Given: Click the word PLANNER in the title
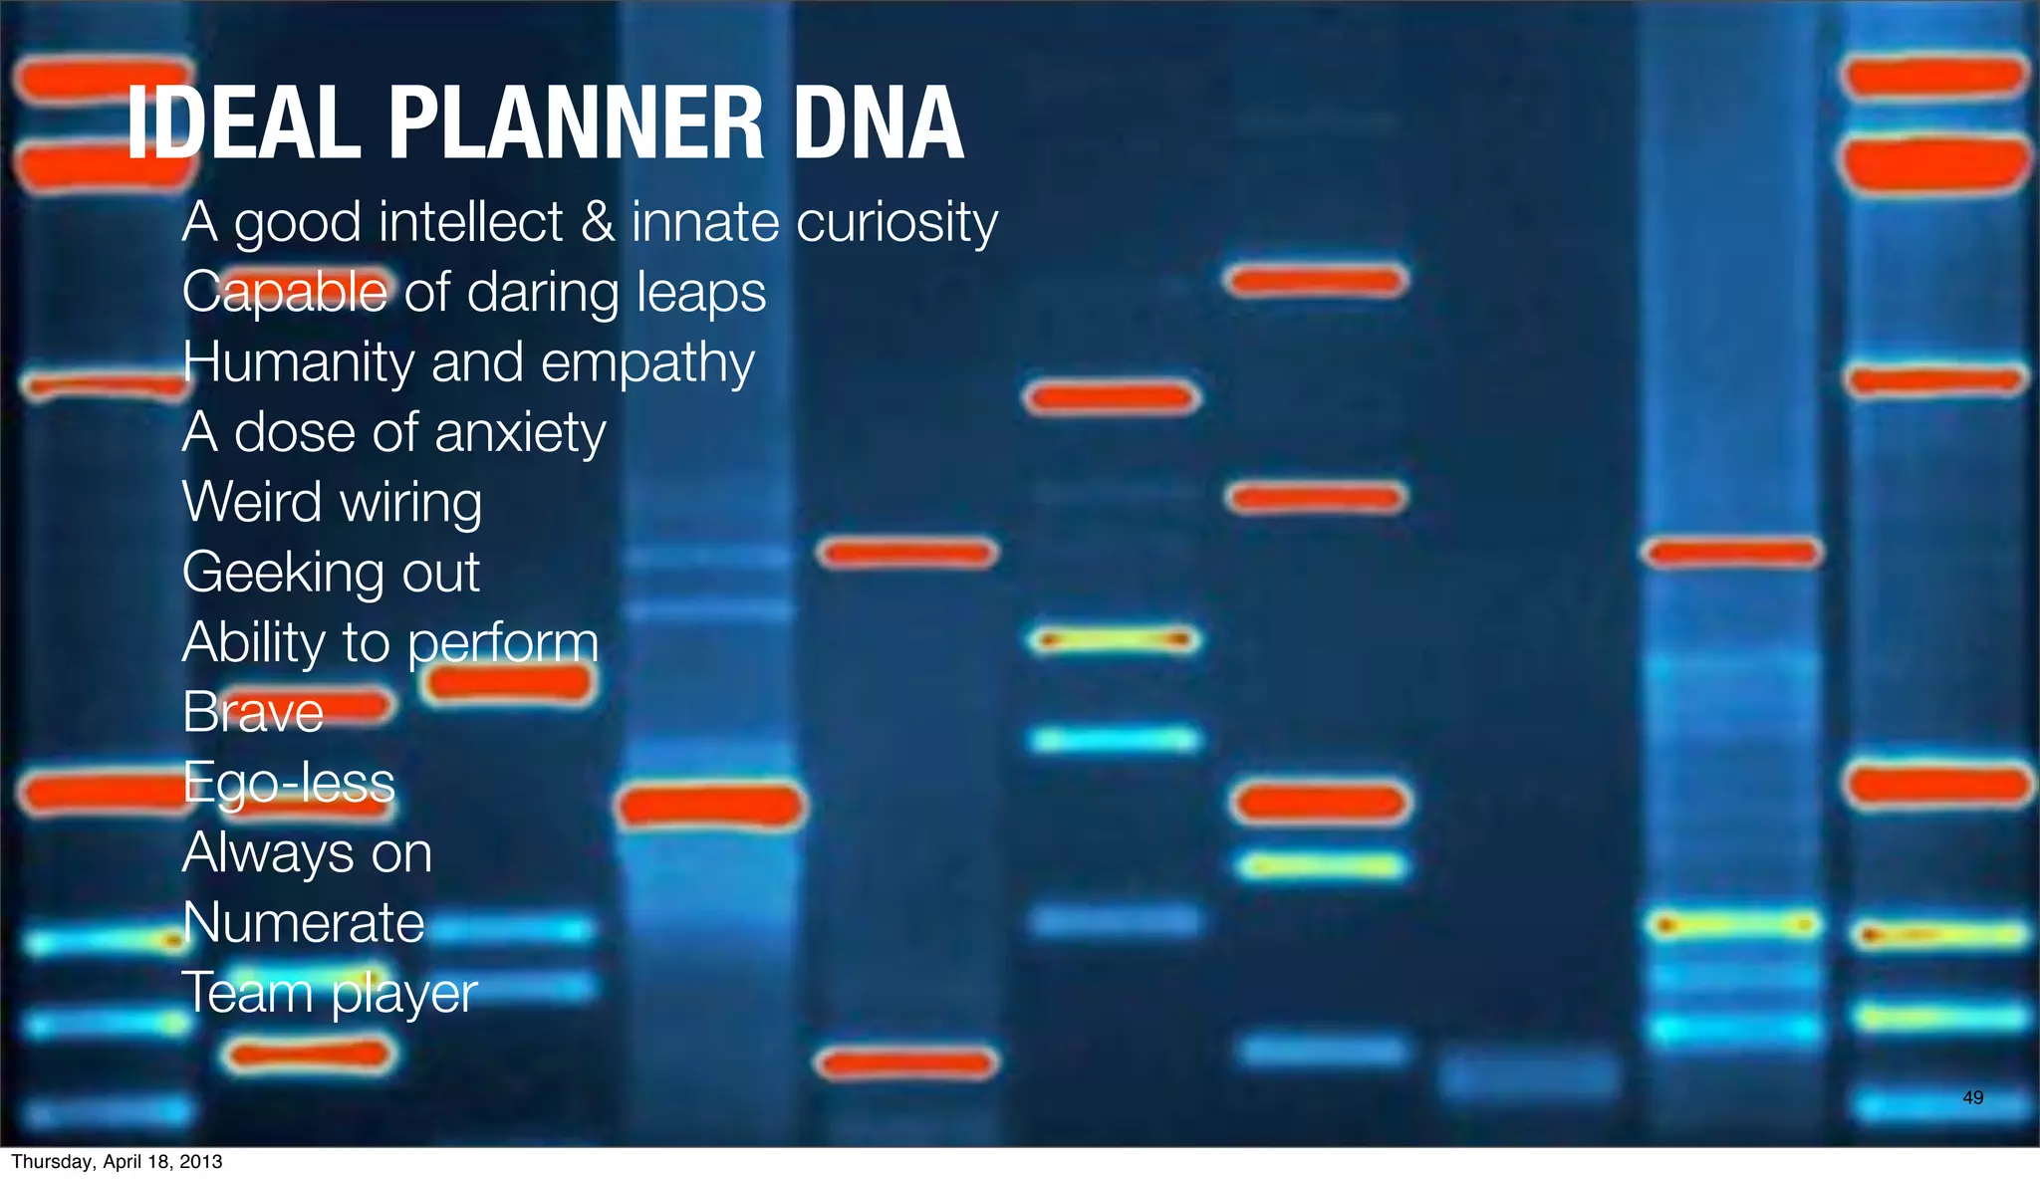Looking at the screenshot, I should (x=576, y=123).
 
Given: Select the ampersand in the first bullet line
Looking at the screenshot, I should (x=597, y=221).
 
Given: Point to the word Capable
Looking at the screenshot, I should (x=285, y=293).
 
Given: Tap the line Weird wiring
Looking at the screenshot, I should (x=332, y=503).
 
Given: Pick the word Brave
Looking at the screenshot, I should (x=253, y=713).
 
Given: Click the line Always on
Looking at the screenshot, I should (x=307, y=853).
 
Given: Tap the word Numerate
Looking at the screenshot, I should (x=304, y=923).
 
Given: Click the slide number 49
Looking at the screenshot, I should (x=1972, y=1097).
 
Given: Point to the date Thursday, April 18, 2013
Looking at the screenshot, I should (x=117, y=1162).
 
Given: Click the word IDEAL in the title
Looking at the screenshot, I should (x=244, y=123).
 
